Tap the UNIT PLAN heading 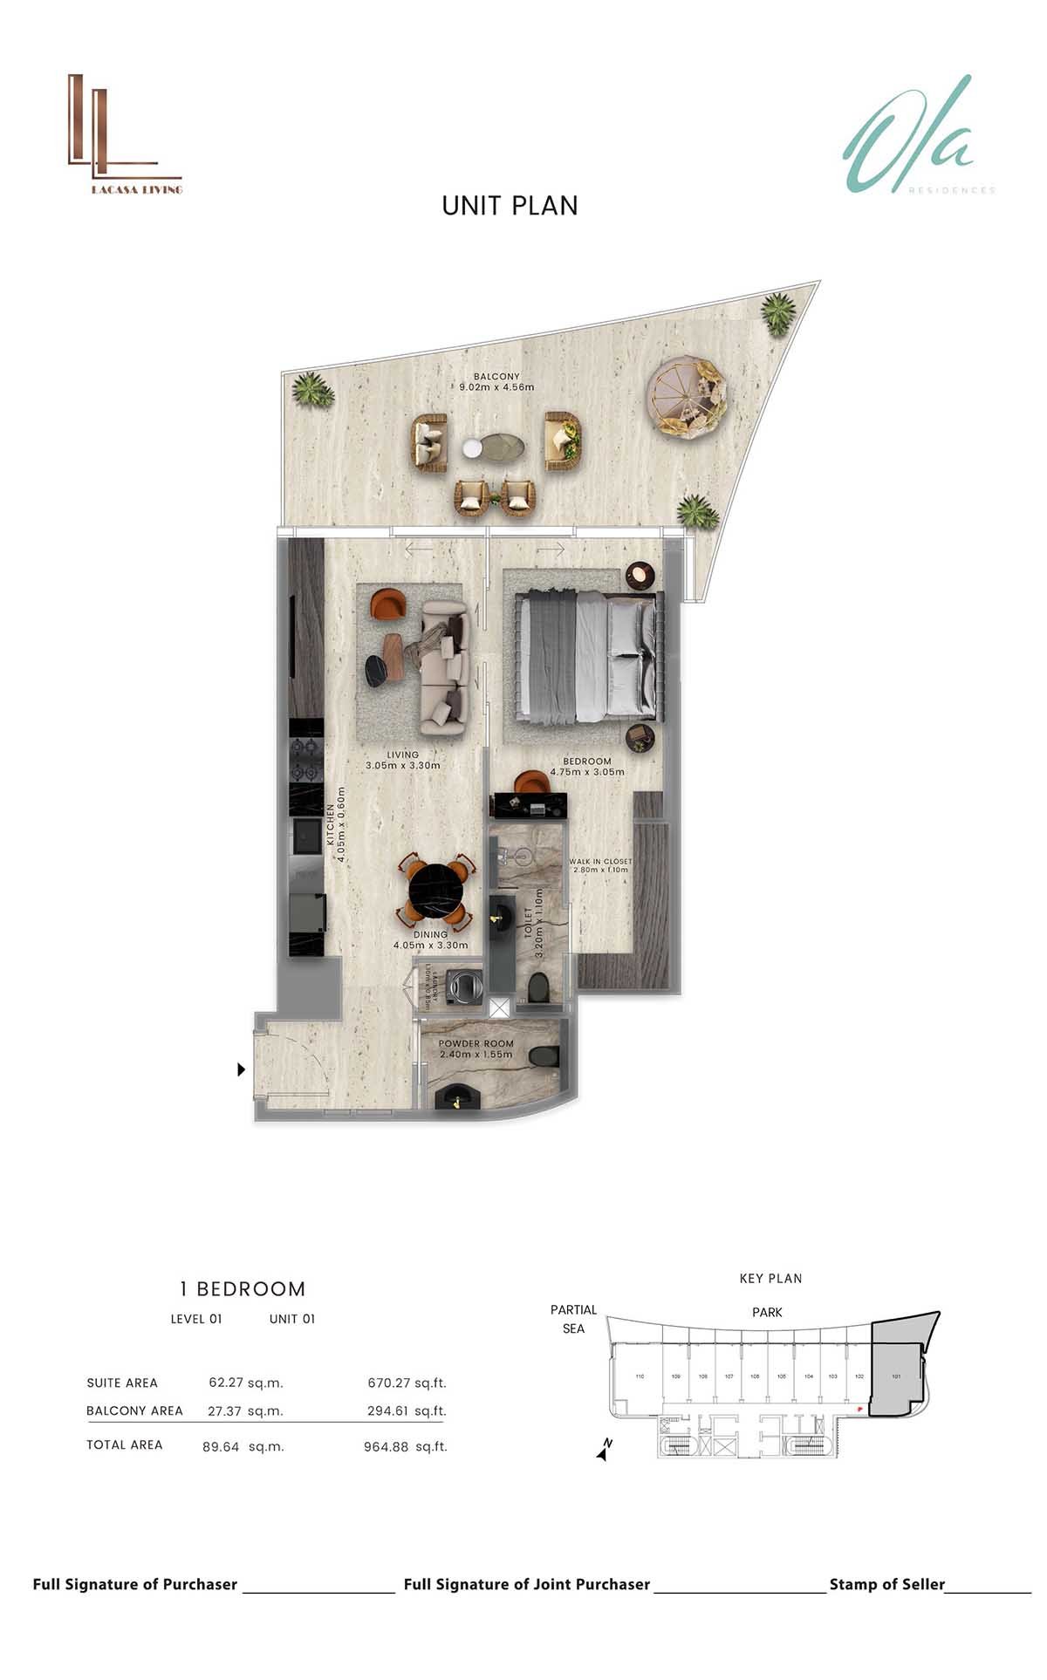pyautogui.click(x=510, y=206)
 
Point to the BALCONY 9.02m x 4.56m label pyautogui.click(x=496, y=381)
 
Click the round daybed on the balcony pyautogui.click(x=688, y=396)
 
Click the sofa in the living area pyautogui.click(x=445, y=666)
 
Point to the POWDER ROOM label pyautogui.click(x=476, y=1048)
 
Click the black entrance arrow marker pyautogui.click(x=242, y=1069)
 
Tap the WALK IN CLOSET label pyautogui.click(x=600, y=865)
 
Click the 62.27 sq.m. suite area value pyautogui.click(x=246, y=1383)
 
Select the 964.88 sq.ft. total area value pyautogui.click(x=405, y=1446)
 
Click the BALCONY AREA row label pyautogui.click(x=134, y=1410)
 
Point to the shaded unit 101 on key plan pyautogui.click(x=896, y=1376)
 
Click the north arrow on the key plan pyautogui.click(x=604, y=1450)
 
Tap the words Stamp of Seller pyautogui.click(x=886, y=1584)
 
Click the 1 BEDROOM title pyautogui.click(x=243, y=1288)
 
